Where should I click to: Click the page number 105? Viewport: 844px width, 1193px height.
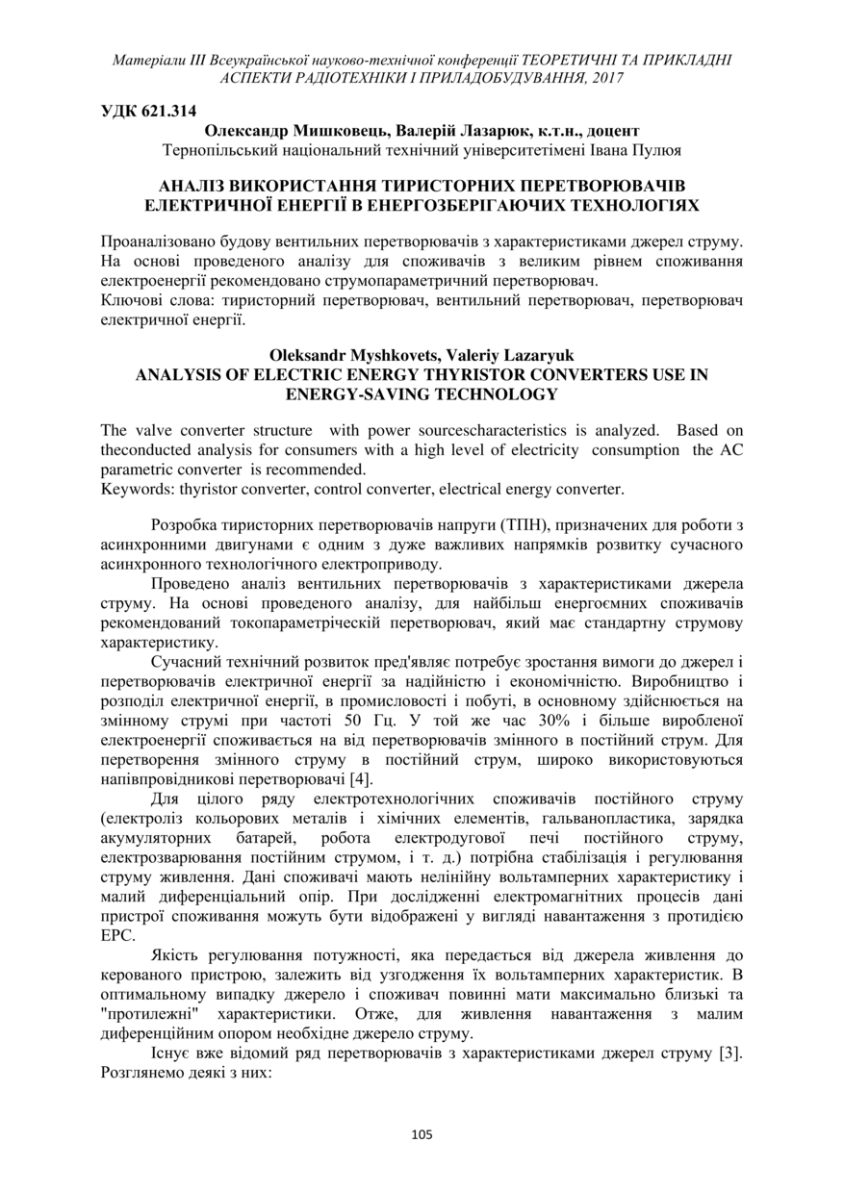(422, 1134)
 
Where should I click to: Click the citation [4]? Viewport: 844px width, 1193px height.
(361, 778)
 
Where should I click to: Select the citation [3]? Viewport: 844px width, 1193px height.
(729, 1053)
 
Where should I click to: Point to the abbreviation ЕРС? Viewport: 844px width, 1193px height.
(115, 934)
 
